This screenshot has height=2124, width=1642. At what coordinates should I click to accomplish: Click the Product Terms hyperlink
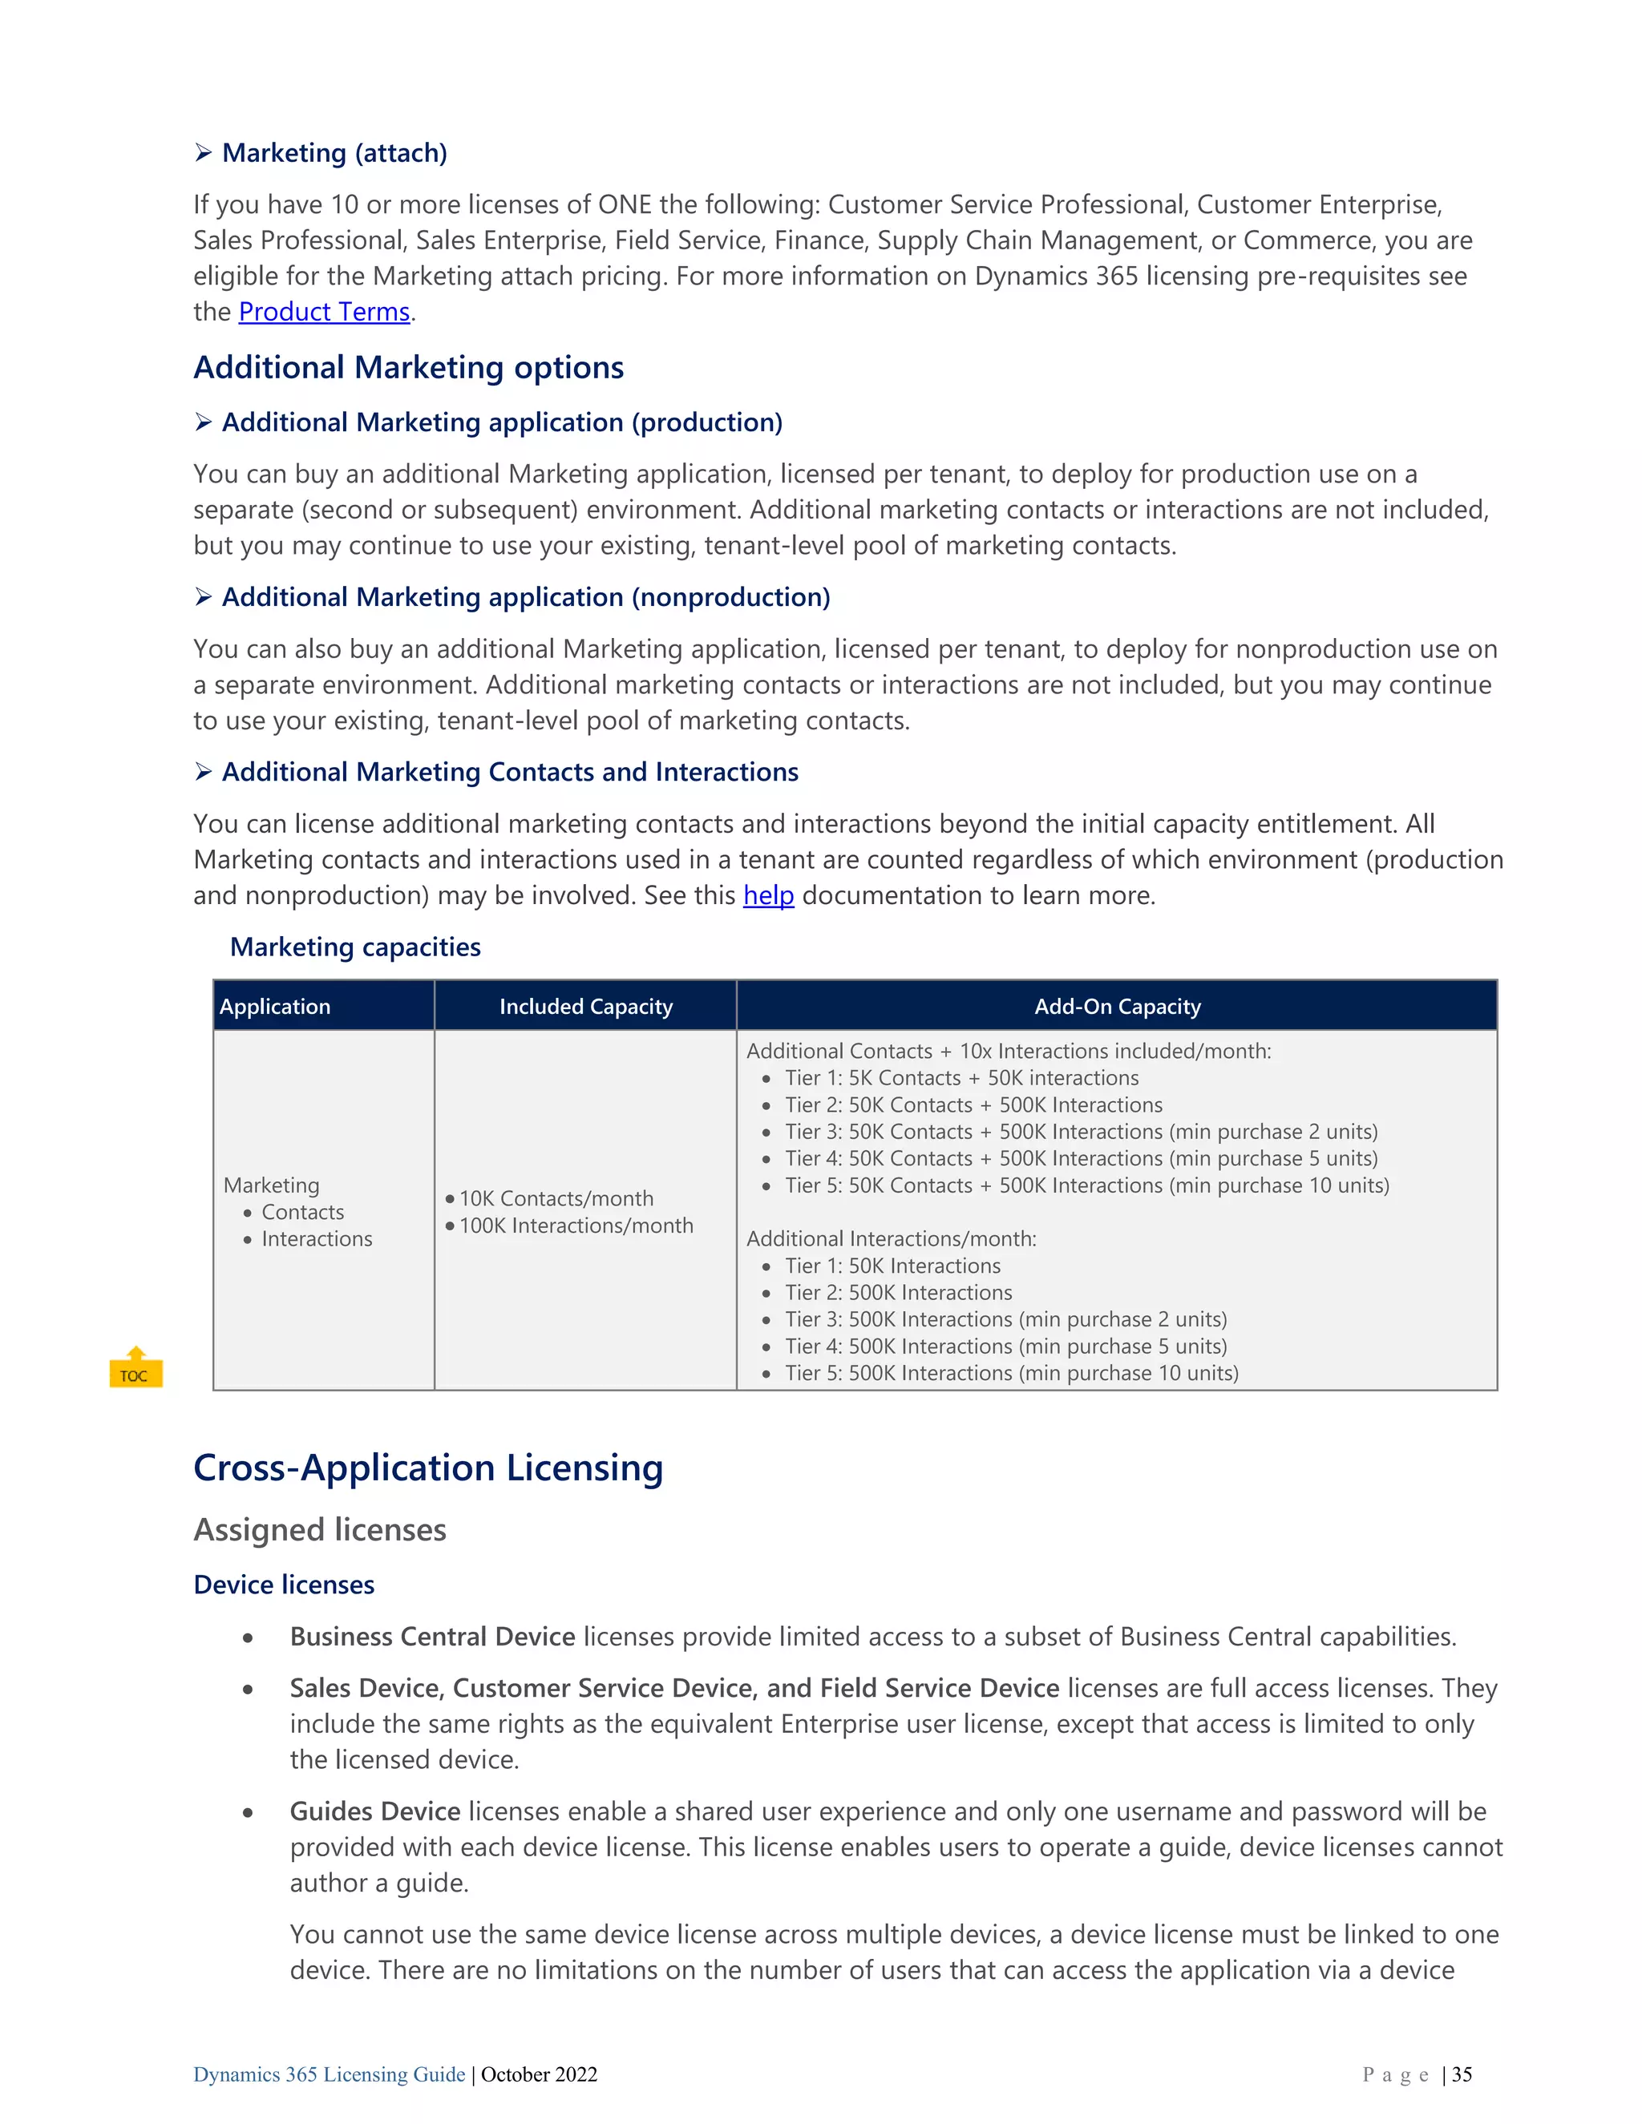(x=324, y=312)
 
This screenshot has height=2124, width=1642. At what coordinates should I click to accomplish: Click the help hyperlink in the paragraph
(x=767, y=896)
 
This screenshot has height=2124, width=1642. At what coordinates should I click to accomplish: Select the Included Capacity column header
(x=585, y=1007)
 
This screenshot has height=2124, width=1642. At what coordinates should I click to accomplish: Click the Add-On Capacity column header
(x=1117, y=1007)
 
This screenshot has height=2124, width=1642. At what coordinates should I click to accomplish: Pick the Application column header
(x=275, y=1007)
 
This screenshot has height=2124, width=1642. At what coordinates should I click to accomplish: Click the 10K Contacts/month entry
(x=556, y=1199)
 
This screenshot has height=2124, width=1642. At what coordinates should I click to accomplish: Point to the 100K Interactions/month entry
(x=576, y=1226)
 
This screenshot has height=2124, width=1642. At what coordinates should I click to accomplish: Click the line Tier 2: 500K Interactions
(x=898, y=1294)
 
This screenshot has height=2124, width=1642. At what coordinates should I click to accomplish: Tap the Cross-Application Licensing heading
(x=428, y=1468)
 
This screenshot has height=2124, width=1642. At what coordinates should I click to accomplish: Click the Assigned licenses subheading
(x=319, y=1530)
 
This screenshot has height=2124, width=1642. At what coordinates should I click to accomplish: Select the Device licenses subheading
(x=284, y=1585)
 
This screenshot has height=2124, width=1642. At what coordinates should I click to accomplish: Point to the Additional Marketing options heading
(x=409, y=368)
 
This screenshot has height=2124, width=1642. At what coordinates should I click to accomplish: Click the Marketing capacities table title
(x=355, y=947)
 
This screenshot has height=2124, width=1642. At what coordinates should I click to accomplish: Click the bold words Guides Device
(x=374, y=1812)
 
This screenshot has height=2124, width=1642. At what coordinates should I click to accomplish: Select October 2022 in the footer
(x=539, y=2074)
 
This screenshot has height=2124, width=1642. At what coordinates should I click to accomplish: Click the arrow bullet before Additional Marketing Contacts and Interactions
(x=204, y=772)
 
